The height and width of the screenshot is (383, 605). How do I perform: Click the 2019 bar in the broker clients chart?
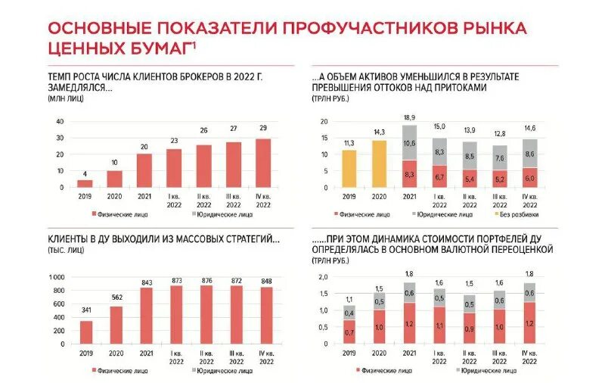click(x=85, y=183)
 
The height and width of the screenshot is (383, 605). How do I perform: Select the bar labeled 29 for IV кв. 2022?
click(x=262, y=163)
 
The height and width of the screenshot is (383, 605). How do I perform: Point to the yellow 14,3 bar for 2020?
click(x=378, y=163)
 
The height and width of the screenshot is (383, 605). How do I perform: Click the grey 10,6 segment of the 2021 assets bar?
click(x=408, y=143)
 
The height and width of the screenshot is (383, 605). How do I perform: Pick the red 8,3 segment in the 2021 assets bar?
click(x=408, y=173)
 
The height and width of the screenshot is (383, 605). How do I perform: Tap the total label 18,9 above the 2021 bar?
click(x=408, y=118)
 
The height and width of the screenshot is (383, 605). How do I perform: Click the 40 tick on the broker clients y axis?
click(x=60, y=122)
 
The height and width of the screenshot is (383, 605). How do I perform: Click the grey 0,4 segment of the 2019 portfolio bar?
click(x=349, y=313)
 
